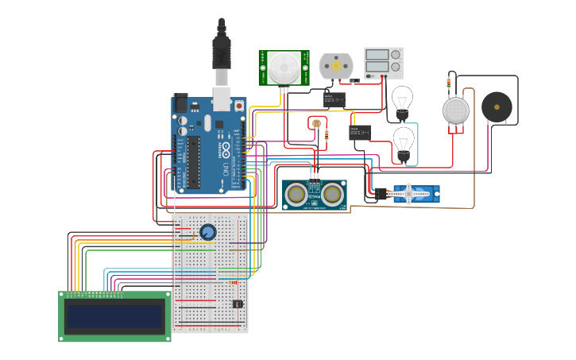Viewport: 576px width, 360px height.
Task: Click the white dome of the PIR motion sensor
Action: (x=284, y=67)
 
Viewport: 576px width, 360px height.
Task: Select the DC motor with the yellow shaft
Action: (x=335, y=67)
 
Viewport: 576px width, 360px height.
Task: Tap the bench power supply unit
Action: (x=383, y=63)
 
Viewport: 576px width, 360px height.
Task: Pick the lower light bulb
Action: (x=404, y=142)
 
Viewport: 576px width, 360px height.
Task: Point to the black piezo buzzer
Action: (x=497, y=106)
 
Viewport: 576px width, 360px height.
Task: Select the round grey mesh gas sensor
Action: (x=455, y=110)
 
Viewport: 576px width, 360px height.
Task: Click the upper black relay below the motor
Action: (x=334, y=99)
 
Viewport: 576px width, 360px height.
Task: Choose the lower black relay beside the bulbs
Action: (x=360, y=133)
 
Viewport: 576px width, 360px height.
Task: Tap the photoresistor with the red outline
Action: (x=316, y=123)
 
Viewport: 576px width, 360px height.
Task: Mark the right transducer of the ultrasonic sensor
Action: (x=333, y=194)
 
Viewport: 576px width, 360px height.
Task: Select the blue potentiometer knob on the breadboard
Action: (x=207, y=232)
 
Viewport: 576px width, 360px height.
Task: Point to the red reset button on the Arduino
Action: (x=239, y=106)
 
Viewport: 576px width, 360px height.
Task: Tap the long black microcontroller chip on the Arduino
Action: (x=193, y=162)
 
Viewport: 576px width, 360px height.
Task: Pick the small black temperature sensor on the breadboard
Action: (x=237, y=304)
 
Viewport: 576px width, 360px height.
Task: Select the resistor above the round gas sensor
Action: (x=449, y=82)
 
